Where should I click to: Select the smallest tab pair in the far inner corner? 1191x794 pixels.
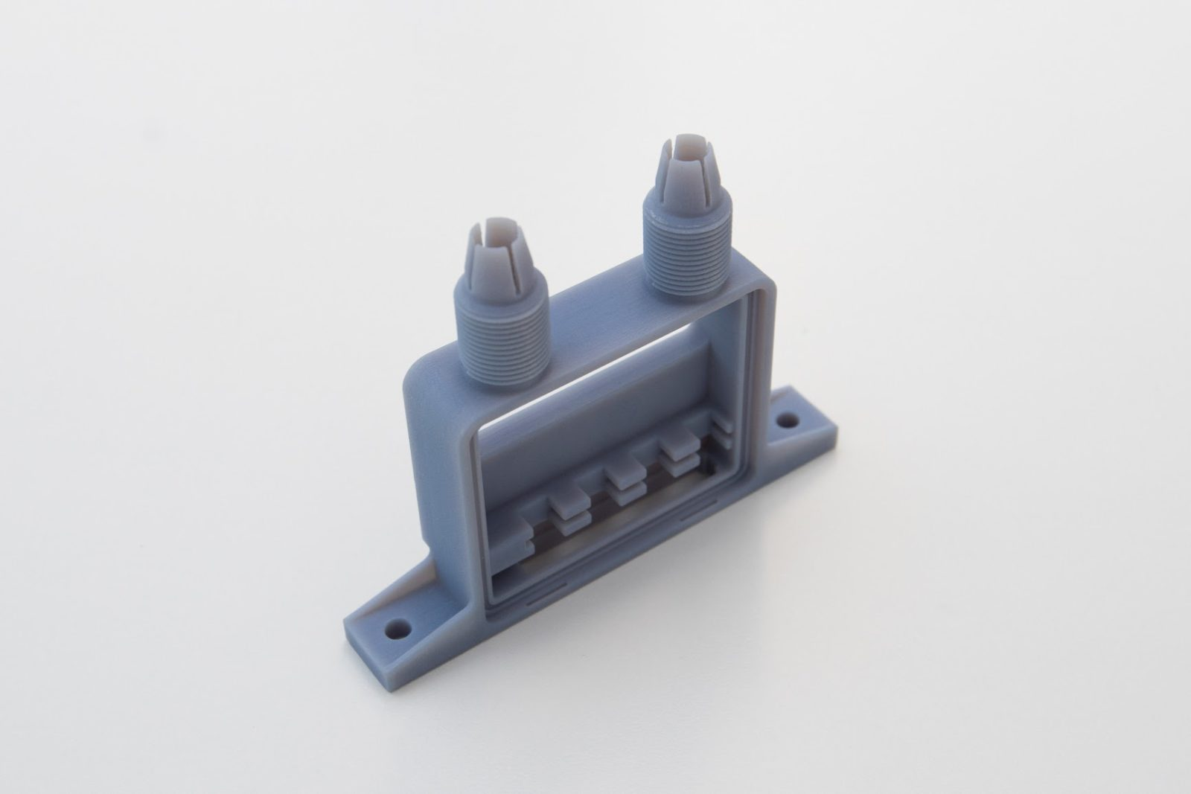(x=721, y=428)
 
